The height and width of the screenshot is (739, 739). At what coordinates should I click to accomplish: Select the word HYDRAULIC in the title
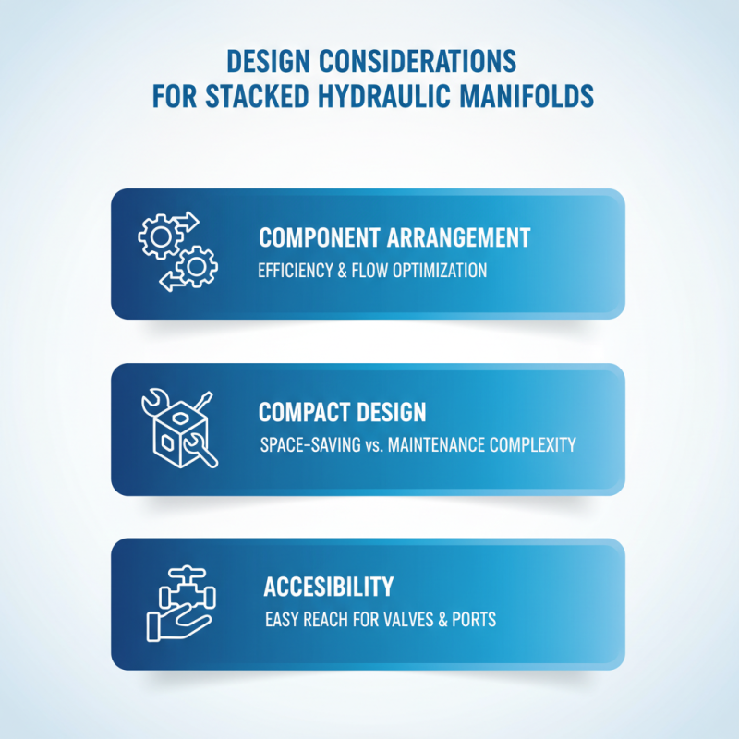tap(420, 96)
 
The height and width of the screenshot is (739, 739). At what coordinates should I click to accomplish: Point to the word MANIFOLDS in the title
tap(540, 96)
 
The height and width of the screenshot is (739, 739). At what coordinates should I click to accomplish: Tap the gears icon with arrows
tap(177, 251)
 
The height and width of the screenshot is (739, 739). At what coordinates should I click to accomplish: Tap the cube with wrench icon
tap(179, 429)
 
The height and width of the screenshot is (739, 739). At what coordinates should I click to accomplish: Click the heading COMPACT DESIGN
tap(342, 411)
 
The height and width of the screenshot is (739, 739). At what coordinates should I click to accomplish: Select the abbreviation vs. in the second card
tap(369, 445)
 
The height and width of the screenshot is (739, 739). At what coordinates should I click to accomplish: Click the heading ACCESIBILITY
tap(328, 587)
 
